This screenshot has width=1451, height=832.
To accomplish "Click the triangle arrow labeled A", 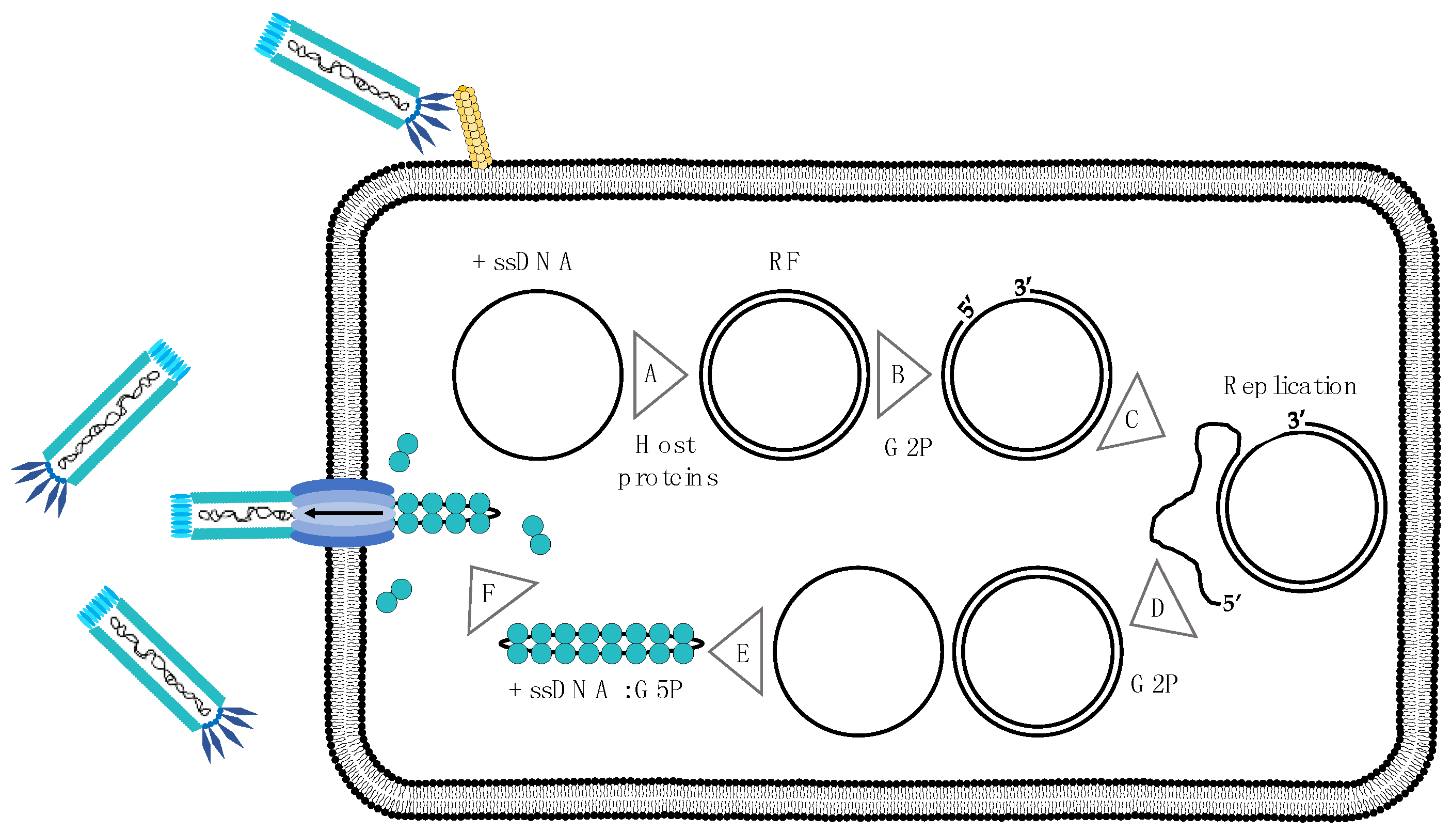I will coord(656,375).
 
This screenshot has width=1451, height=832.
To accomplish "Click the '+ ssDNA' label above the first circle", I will coord(522,262).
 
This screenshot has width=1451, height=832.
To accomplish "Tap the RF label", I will coord(784,262).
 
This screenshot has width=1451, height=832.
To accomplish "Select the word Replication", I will coord(1289,387).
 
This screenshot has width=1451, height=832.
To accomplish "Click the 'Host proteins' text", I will coord(667,461).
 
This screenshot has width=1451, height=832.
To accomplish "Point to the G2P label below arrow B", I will coord(908,447).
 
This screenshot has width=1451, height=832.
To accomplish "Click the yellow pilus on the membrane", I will coord(473,128).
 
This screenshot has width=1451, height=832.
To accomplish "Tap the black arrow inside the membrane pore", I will coord(344,513).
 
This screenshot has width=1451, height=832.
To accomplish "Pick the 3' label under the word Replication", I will coord(1296,420).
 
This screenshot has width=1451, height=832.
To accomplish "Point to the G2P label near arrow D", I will coord(1154,684).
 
